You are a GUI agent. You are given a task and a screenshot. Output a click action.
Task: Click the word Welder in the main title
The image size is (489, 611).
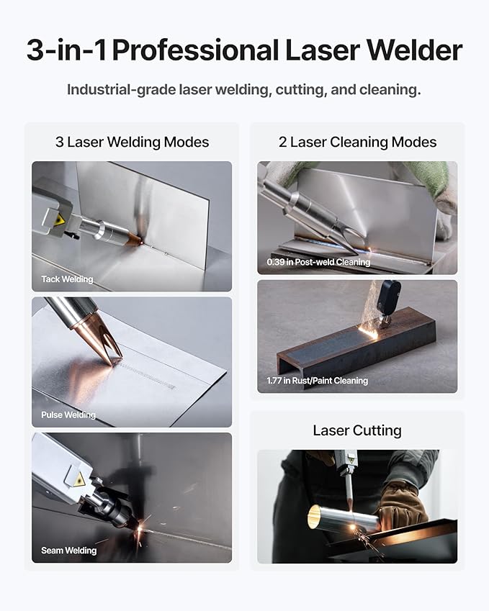[x=416, y=50]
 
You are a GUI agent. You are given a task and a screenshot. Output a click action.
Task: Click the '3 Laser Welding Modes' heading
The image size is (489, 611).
[x=132, y=142]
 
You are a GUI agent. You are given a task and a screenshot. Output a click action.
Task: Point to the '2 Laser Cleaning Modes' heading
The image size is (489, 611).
[x=357, y=142]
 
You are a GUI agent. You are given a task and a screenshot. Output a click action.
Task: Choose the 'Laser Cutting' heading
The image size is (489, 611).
[x=357, y=430]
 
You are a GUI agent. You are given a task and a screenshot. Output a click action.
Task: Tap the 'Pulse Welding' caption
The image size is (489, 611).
[x=68, y=415]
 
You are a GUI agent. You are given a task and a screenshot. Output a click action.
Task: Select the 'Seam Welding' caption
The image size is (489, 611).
[x=68, y=551]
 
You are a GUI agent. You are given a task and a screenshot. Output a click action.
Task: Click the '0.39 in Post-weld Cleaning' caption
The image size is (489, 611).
[x=318, y=262]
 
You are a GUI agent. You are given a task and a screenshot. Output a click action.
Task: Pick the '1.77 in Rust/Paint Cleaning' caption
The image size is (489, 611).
[x=317, y=381]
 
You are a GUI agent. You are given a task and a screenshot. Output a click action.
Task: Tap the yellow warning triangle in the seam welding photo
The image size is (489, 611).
[x=78, y=479]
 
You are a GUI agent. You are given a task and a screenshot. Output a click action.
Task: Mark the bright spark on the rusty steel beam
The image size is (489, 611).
[x=372, y=332]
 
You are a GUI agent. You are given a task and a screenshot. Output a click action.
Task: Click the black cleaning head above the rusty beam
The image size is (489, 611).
[x=389, y=297]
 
